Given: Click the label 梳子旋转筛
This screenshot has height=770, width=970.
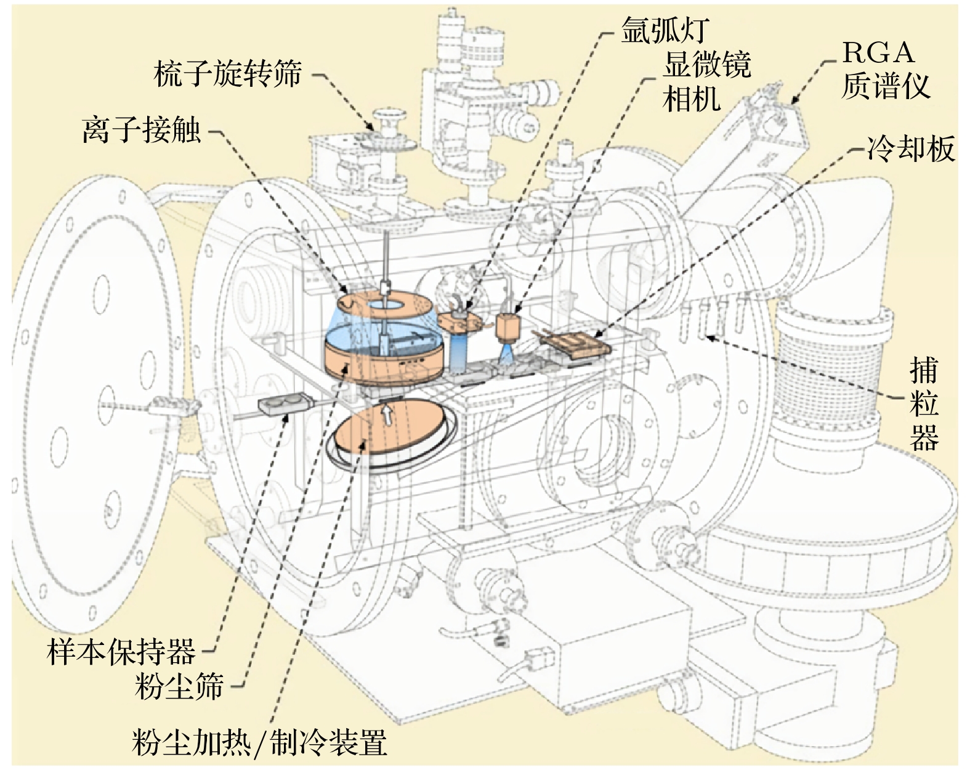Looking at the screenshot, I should click(227, 75).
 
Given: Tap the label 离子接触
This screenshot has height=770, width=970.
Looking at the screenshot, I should click(142, 130).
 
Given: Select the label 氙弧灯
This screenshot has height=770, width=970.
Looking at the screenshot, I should click(665, 30).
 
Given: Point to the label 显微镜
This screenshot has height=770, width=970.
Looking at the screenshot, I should click(707, 64).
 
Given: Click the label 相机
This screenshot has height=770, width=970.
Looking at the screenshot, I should click(692, 98).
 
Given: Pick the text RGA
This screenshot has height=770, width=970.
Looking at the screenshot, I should click(878, 53).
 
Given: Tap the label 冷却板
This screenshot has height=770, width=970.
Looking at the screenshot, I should click(911, 149).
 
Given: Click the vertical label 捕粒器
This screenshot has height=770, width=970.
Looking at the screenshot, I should click(924, 404).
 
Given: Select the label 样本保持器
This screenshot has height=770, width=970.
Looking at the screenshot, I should click(121, 651).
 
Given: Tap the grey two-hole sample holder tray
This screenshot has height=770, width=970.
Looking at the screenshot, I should click(283, 405).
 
